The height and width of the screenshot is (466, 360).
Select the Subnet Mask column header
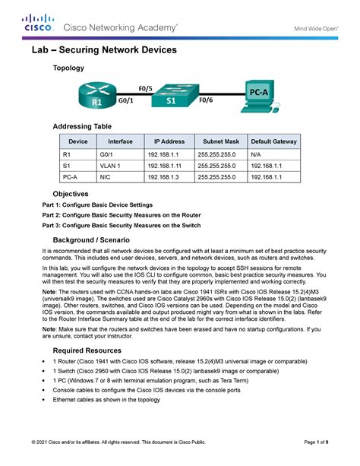pyautogui.click(x=221, y=141)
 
